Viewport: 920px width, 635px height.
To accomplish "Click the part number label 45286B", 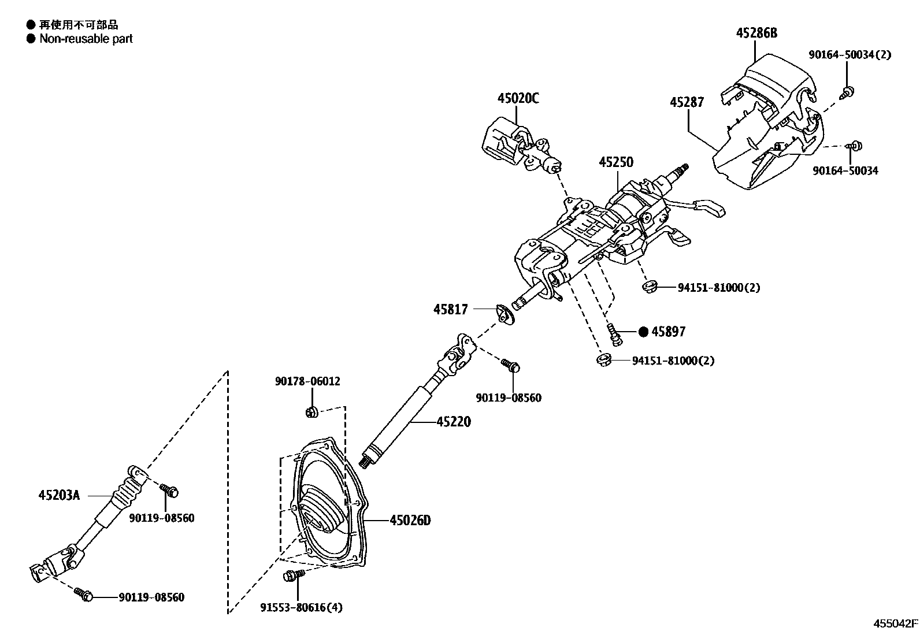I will click(x=756, y=33).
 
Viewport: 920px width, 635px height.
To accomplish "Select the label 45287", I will click(x=687, y=102).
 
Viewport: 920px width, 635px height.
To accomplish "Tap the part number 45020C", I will click(x=518, y=98).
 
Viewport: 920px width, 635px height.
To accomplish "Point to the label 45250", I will click(x=616, y=162).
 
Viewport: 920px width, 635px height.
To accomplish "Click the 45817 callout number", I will click(x=451, y=310).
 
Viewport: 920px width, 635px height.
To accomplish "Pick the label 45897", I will click(x=668, y=332).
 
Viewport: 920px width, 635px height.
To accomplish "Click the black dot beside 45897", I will click(x=644, y=332).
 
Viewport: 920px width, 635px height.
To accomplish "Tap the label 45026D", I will click(x=410, y=521).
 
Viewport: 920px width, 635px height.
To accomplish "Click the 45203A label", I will click(x=59, y=495).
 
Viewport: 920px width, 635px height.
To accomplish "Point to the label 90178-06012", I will click(x=307, y=381).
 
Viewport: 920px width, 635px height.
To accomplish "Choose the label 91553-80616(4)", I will click(x=301, y=607).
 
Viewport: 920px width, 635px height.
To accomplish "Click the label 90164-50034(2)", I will click(x=849, y=55).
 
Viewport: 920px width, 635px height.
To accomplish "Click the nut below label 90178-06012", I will click(x=311, y=411).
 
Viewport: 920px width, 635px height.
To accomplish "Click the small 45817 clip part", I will click(x=506, y=314).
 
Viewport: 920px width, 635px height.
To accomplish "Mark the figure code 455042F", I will click(x=895, y=623).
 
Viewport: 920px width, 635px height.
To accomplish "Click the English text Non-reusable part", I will click(x=86, y=39).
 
